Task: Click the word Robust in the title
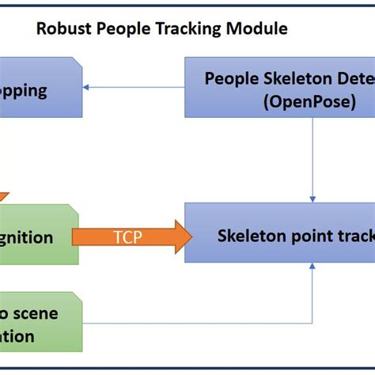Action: coord(62,29)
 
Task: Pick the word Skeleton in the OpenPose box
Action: coord(286,78)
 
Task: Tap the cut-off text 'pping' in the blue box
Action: coord(24,89)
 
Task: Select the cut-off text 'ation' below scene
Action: coord(17,336)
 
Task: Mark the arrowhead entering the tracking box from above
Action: coord(314,199)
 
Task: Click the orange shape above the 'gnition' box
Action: coord(3,198)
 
